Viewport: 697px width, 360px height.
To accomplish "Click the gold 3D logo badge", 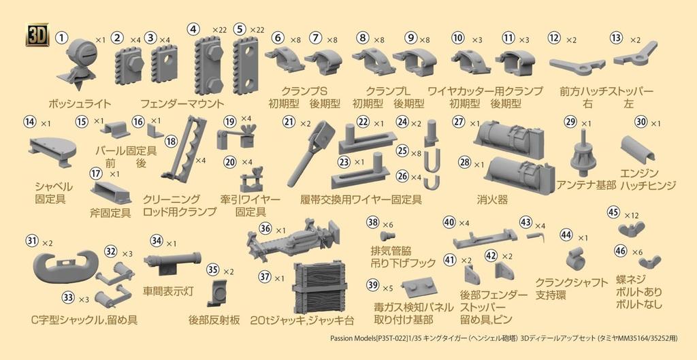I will tap(37, 35).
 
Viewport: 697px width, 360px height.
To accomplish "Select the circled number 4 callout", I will tap(195, 29).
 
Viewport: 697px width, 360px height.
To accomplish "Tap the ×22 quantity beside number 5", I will tap(257, 30).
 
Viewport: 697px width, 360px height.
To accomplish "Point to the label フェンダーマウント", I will tap(182, 105).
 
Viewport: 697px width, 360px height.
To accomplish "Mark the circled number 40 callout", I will tap(449, 223).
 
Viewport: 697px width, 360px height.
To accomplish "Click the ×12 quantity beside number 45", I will tap(631, 215).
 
